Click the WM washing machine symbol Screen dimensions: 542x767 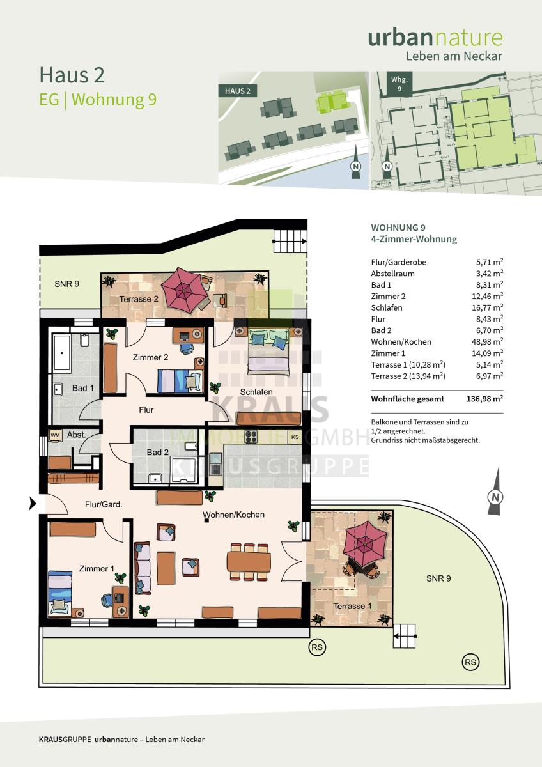point(55,435)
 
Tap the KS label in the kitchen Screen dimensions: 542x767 point(295,437)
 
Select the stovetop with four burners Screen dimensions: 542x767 point(251,437)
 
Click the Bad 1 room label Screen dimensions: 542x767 point(83,388)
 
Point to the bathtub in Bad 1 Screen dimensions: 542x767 point(61,353)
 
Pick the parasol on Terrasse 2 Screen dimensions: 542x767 point(184,290)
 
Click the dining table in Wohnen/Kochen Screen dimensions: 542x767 point(249,562)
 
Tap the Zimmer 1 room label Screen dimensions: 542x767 point(97,569)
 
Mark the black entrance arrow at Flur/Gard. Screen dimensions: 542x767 point(33,504)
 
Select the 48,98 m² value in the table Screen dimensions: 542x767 point(487,342)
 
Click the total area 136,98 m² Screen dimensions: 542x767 point(485,399)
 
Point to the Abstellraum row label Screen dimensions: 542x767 point(392,274)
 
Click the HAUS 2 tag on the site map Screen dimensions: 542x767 point(238,91)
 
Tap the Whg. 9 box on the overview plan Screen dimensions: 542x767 point(399,84)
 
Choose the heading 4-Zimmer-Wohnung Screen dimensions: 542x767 point(414,239)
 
